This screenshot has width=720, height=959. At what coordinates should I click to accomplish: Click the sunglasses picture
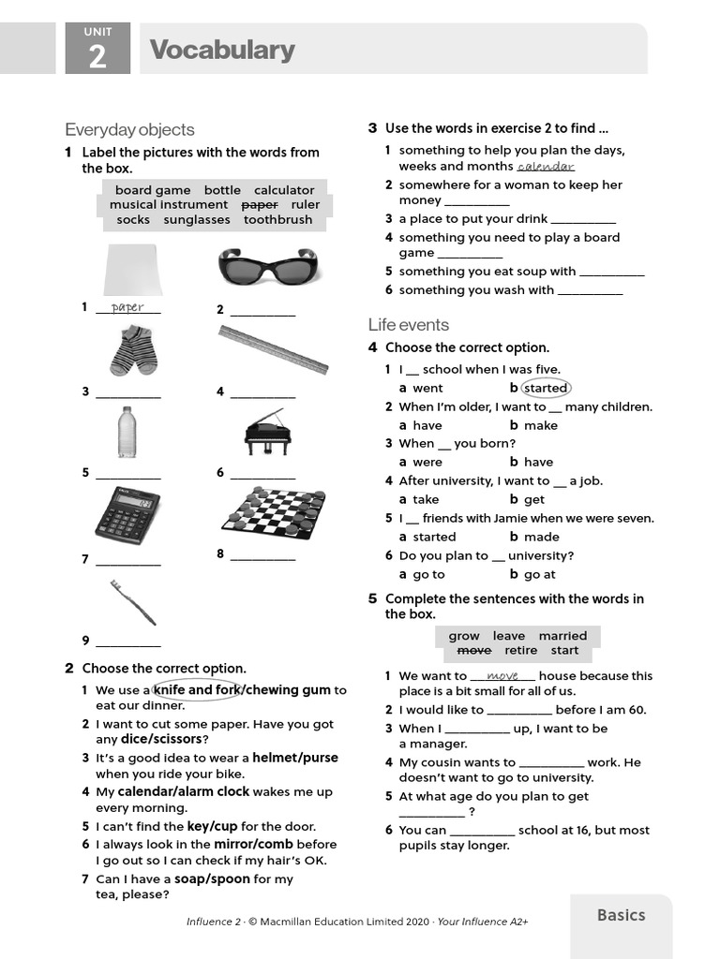(x=267, y=267)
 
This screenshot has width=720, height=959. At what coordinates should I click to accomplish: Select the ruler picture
(x=273, y=349)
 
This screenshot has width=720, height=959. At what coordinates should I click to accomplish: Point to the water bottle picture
(x=127, y=433)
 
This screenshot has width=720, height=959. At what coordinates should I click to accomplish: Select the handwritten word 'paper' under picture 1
(x=127, y=307)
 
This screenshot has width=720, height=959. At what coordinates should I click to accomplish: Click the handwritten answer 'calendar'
(x=545, y=166)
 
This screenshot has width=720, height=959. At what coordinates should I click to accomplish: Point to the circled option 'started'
(x=545, y=388)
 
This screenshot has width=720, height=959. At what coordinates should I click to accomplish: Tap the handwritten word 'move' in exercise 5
(x=502, y=675)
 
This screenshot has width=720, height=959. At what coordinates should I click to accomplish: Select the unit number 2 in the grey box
(x=97, y=59)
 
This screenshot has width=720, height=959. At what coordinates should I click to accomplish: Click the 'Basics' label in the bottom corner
(x=621, y=915)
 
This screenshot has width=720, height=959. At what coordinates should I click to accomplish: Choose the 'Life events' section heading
(x=408, y=325)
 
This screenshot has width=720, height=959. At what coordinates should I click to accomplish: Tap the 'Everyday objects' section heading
(x=129, y=129)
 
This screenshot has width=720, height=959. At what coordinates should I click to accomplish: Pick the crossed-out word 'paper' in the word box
(x=260, y=204)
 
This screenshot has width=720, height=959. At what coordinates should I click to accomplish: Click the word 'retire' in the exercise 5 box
(x=521, y=650)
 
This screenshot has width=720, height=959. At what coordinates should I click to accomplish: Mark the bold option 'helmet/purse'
(x=295, y=758)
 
